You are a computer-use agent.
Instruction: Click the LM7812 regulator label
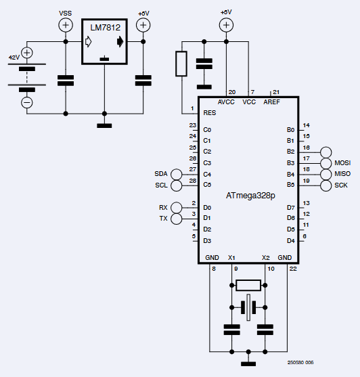click(x=104, y=27)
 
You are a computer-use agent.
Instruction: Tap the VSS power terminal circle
click(x=66, y=26)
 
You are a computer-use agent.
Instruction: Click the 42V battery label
click(x=14, y=58)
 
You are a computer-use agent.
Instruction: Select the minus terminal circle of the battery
click(x=27, y=102)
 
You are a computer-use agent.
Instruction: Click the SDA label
click(x=160, y=174)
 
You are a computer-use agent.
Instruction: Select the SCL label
click(x=160, y=185)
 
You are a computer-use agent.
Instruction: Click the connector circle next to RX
click(x=177, y=207)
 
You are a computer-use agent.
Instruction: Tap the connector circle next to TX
click(x=177, y=218)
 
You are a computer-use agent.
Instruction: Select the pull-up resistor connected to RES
click(x=181, y=64)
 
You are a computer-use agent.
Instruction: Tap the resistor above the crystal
click(x=249, y=285)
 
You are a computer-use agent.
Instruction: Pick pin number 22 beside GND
click(x=292, y=269)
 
